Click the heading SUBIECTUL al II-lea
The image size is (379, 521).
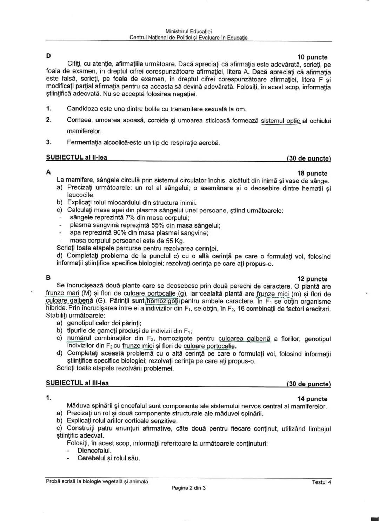click(77, 157)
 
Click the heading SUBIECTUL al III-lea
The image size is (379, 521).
click(77, 383)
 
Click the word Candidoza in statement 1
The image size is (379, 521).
click(82, 109)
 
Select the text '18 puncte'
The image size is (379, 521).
click(312, 173)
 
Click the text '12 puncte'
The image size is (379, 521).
click(312, 279)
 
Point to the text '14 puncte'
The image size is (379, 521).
click(312, 399)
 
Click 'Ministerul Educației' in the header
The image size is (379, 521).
click(188, 31)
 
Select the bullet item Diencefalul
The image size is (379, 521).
click(94, 451)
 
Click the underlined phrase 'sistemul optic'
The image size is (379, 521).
click(281, 121)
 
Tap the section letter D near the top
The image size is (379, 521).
click(48, 56)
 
